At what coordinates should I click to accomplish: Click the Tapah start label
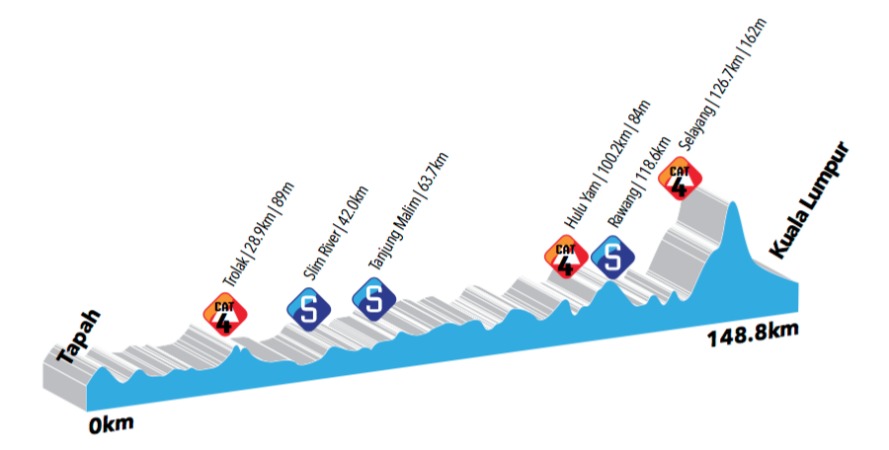[79, 337]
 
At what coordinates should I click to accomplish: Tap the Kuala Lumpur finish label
[810, 200]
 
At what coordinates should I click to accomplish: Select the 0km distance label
[111, 424]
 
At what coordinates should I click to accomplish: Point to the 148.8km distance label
[752, 337]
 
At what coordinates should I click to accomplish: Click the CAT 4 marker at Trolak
[225, 315]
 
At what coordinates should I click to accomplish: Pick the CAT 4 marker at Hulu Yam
[566, 257]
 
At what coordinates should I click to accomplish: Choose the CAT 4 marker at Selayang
[680, 178]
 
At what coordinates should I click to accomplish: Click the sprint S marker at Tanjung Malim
[373, 299]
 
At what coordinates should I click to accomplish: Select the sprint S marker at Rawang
[612, 257]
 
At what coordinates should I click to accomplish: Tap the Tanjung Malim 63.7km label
[408, 211]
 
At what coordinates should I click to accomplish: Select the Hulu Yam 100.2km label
[606, 165]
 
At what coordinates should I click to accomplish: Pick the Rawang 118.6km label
[639, 182]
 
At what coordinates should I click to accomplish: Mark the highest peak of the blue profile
[734, 203]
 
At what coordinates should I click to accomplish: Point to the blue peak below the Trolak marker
[238, 347]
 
